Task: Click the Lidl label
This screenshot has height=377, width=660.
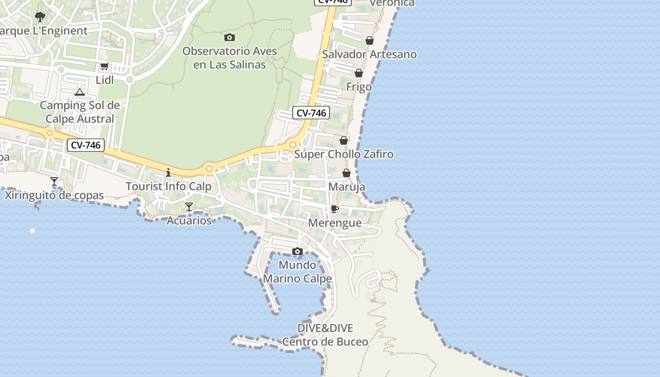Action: click(105, 80)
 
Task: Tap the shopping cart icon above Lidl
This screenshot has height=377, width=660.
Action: click(105, 66)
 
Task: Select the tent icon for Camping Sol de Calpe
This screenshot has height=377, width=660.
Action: click(80, 92)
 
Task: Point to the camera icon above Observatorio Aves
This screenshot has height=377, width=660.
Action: click(230, 37)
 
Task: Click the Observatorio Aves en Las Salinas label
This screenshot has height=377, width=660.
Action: click(230, 57)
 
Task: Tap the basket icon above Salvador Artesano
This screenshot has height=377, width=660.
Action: click(370, 41)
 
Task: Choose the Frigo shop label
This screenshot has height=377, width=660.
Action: click(359, 87)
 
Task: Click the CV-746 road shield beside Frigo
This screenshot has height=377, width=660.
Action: click(311, 113)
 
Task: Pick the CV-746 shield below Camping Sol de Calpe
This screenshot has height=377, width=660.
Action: click(85, 145)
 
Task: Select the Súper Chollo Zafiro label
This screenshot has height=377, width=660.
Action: click(344, 154)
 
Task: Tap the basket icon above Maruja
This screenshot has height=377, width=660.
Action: click(346, 173)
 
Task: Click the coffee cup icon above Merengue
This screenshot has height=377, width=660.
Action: click(335, 209)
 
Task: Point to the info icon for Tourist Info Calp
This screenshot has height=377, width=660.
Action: click(168, 172)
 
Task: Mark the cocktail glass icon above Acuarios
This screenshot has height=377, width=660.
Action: click(189, 206)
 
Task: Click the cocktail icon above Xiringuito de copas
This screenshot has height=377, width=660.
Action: click(54, 181)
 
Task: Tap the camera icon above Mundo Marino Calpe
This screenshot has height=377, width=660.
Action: click(297, 251)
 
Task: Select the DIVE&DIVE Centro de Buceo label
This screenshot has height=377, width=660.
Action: click(325, 335)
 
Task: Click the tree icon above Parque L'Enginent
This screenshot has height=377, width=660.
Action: click(40, 17)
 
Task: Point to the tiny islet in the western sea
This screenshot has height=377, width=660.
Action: click(32, 230)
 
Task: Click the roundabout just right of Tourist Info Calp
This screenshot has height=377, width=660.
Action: click(209, 168)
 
